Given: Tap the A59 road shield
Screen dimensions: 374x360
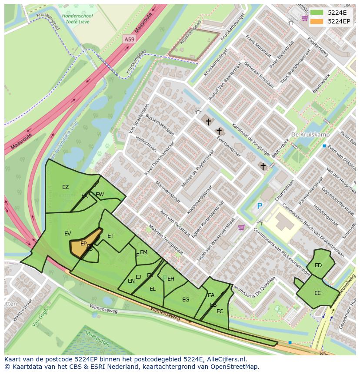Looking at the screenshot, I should (x=129, y=39).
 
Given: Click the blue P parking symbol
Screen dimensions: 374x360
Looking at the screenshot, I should (x=260, y=206).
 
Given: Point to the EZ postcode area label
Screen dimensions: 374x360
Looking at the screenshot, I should (x=65, y=187).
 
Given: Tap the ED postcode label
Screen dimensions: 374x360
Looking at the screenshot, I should (x=318, y=265).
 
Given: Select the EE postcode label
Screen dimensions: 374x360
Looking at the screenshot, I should (x=317, y=293).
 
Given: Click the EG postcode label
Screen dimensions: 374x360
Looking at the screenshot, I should (x=186, y=300).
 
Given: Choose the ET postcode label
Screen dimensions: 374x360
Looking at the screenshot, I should (x=110, y=236).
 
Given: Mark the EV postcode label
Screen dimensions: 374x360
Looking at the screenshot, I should (x=67, y=234).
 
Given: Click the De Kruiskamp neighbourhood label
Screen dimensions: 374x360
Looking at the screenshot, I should (x=310, y=135).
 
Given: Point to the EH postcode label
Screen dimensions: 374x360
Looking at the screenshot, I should (x=171, y=279).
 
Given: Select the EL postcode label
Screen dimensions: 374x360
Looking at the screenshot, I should (x=152, y=288).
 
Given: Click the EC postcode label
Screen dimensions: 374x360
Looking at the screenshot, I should (x=220, y=311).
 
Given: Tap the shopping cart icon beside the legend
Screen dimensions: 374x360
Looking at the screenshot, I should (x=304, y=18).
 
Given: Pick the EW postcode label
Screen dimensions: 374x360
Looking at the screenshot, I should (x=100, y=194).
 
